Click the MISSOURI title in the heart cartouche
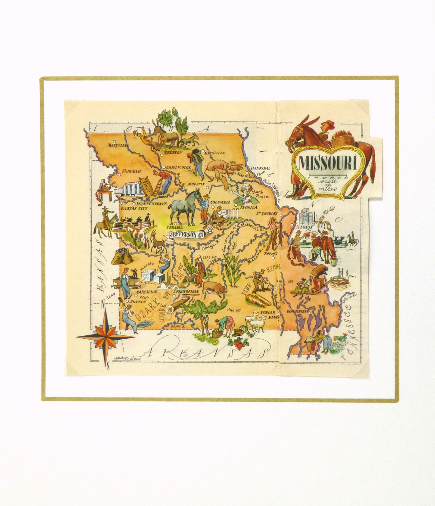pos(328,163)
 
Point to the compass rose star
pos(105,337)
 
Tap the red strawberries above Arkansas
pos(238,344)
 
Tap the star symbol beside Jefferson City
pos(210,230)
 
